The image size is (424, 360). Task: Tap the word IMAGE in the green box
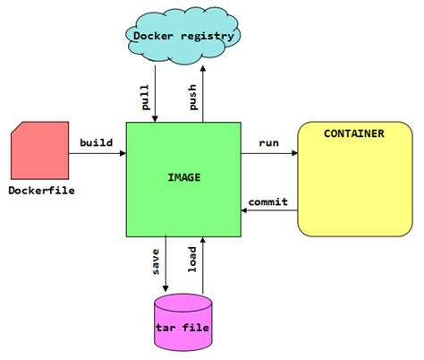(x=183, y=177)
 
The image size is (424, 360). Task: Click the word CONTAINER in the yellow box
(x=353, y=133)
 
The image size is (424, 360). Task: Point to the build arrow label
(x=96, y=142)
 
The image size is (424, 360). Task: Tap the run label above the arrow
(x=268, y=142)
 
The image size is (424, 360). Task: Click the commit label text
(x=267, y=201)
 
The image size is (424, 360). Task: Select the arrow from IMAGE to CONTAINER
(x=268, y=154)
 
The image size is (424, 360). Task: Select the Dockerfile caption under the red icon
(x=41, y=190)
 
